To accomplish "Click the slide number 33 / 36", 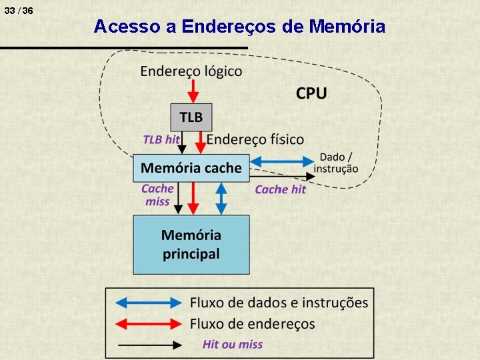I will point(18,11).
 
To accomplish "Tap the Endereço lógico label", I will point(191,71).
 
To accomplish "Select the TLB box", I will point(191,117).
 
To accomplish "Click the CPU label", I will point(311,93).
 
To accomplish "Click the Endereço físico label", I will point(255,139).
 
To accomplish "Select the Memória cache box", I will point(191,168).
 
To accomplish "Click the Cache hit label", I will point(280,189).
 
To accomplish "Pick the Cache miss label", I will point(157,195).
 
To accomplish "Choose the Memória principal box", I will point(191,244).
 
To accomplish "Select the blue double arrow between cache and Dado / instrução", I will point(281,161).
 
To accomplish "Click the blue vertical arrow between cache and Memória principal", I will point(222,198).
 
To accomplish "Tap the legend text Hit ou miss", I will point(233,345).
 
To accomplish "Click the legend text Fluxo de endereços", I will point(253,324).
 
